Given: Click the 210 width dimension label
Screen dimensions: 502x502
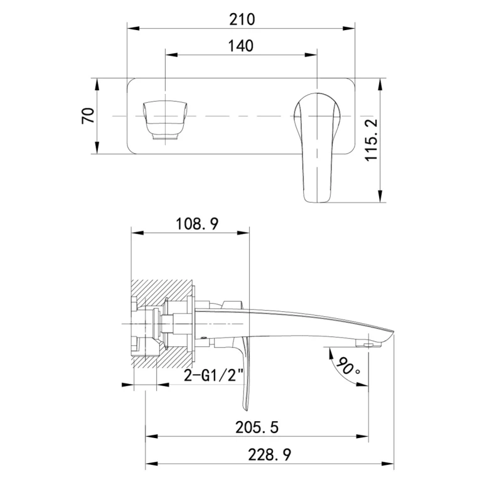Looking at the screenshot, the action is coord(242,19).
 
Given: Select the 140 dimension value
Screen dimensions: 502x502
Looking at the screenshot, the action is coord(241,46).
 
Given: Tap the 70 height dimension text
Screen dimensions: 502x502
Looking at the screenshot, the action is coord(88,115).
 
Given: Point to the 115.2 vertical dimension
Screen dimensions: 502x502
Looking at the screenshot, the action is coord(371,140).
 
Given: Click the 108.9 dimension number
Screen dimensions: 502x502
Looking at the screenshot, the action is coord(197,224).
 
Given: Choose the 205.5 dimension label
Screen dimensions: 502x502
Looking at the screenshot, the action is coord(257,427).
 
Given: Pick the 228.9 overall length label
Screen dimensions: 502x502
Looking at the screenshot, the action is coord(270,454).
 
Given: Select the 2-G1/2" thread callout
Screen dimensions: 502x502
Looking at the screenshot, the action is coord(214,375).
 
